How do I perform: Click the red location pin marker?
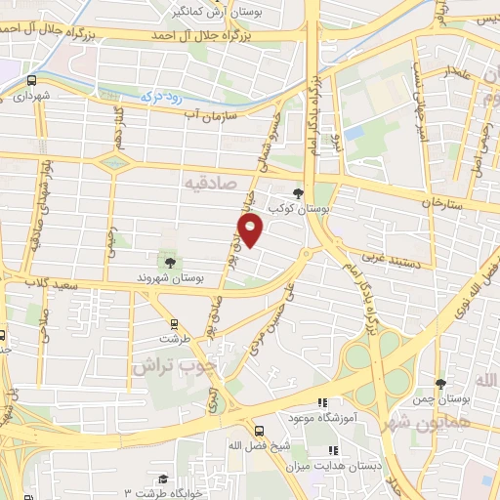point(252,231)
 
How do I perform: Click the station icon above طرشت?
point(174,323)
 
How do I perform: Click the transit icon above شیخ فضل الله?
point(260,430)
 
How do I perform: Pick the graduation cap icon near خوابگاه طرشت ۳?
point(164,479)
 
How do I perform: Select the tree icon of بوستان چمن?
point(440,383)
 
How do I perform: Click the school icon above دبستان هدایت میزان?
point(332,450)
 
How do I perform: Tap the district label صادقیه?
point(212,181)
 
